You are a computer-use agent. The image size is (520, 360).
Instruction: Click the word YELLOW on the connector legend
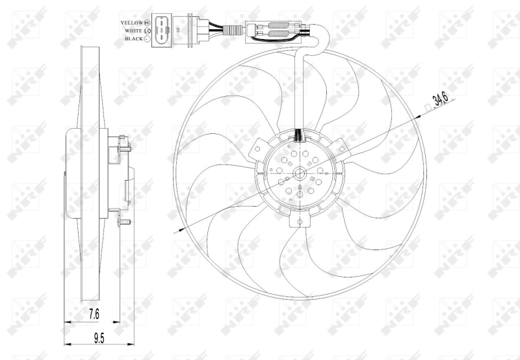pos(131,22)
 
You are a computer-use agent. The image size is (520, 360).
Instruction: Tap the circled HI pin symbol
pos(148,22)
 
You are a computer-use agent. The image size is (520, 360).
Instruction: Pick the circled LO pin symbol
pos(148,31)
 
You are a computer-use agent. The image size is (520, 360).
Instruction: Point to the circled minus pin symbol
pos(148,39)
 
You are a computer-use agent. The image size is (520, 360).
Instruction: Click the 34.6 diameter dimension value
pos(440,100)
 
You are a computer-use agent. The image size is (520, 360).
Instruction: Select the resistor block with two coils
pos(276,31)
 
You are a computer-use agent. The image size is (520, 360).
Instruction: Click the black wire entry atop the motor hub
pos(299,135)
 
